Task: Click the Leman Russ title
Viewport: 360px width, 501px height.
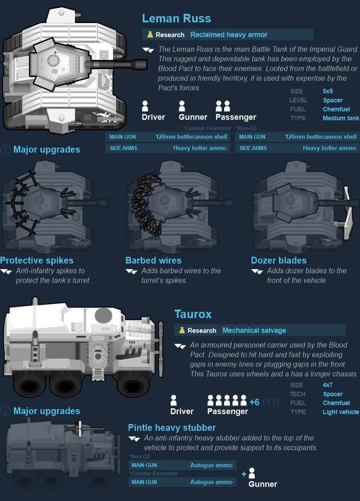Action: [177, 18]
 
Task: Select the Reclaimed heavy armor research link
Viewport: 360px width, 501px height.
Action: [229, 35]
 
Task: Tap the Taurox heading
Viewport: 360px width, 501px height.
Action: [193, 314]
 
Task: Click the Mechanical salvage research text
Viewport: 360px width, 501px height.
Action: [254, 330]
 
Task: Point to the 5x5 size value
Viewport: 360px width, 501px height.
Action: [328, 91]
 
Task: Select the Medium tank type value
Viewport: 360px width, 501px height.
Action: [341, 118]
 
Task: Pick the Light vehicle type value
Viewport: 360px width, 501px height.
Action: [341, 412]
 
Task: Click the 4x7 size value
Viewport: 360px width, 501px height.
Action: [328, 385]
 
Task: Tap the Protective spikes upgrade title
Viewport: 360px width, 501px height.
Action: [37, 261]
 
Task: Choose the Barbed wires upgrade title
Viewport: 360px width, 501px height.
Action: [153, 261]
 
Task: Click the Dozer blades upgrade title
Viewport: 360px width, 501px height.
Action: [279, 261]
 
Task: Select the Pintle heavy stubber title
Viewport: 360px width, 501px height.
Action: [172, 428]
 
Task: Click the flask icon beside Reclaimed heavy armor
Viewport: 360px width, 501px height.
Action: [150, 35]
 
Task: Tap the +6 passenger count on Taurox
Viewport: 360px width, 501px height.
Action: [254, 402]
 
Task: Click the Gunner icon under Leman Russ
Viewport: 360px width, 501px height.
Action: [182, 106]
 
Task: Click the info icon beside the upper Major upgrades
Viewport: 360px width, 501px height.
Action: [5, 149]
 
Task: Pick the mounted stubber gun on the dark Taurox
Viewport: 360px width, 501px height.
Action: [84, 429]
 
